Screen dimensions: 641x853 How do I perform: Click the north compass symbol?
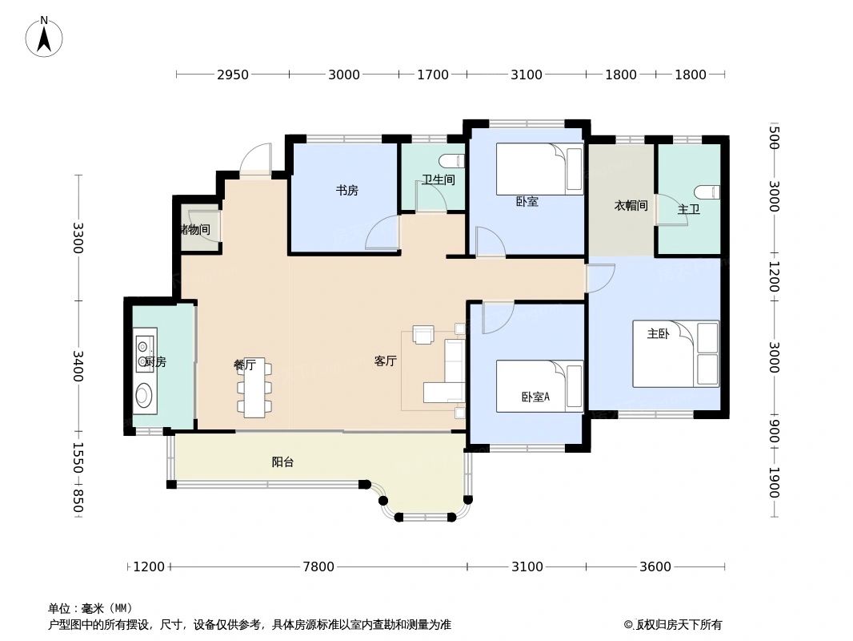point(44,37)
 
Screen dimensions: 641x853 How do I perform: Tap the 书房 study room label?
point(346,191)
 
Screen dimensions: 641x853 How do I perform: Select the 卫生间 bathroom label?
point(438,180)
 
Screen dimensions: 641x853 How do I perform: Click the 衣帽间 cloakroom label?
point(631,206)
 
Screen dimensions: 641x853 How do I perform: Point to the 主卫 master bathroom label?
point(688,210)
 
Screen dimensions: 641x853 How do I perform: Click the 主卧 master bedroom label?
point(658,334)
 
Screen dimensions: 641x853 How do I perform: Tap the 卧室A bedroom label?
point(535,396)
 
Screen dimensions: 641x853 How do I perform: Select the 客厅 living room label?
point(386,361)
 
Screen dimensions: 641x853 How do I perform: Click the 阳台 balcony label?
point(282,462)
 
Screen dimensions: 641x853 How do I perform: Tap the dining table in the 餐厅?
point(254,387)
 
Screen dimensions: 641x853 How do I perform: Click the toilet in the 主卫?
point(708,192)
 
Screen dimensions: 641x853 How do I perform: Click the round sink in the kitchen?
point(145,394)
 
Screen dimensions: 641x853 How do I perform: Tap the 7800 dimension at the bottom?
point(318,567)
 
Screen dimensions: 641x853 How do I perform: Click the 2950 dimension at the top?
point(233,75)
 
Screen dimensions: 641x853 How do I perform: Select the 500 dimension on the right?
point(774,137)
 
